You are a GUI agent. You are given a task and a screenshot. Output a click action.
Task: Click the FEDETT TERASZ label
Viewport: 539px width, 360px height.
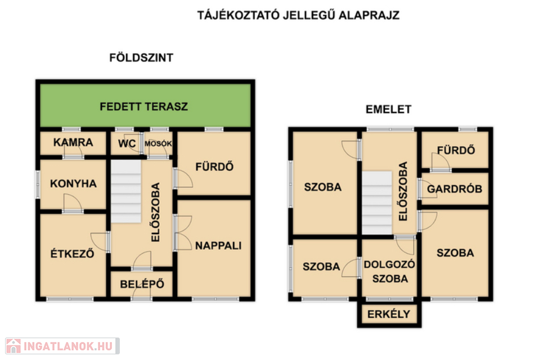[143, 106]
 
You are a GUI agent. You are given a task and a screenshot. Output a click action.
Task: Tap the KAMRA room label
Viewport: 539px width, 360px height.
[73, 142]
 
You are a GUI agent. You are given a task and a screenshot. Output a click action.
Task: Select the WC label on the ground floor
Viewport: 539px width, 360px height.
[127, 143]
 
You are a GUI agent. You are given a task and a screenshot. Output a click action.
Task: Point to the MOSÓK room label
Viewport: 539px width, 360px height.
[158, 143]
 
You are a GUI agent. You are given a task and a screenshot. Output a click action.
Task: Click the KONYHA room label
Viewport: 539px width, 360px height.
[73, 183]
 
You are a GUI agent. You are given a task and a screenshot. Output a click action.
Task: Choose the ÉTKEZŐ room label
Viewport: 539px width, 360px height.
[72, 254]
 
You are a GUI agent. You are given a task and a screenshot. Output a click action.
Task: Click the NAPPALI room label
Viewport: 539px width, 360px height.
[218, 246]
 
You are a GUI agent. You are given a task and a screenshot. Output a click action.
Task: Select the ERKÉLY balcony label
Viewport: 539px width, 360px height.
[389, 314]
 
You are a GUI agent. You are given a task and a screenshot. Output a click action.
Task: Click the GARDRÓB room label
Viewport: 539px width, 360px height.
[455, 188]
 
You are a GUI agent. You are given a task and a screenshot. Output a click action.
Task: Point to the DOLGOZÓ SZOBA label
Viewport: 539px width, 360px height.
[389, 271]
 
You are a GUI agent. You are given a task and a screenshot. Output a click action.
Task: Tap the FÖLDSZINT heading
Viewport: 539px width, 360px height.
[141, 57]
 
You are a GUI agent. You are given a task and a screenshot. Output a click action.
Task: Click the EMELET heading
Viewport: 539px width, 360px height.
[388, 109]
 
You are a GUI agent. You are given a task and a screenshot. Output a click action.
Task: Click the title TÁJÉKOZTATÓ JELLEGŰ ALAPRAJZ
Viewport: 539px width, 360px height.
[298, 15]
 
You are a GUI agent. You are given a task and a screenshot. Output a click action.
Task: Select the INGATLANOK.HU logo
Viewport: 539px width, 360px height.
[62, 346]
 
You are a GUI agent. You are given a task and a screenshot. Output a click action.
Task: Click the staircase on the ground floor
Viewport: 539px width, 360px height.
[126, 191]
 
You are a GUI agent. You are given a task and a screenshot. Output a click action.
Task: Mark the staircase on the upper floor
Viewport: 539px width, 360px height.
[377, 202]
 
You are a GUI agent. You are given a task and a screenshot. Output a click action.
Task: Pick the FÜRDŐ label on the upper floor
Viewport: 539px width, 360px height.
[456, 150]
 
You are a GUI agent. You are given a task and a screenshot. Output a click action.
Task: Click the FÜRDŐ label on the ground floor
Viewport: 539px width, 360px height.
[214, 166]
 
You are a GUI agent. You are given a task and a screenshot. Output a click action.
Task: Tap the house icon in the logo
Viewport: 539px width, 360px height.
[14, 346]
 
